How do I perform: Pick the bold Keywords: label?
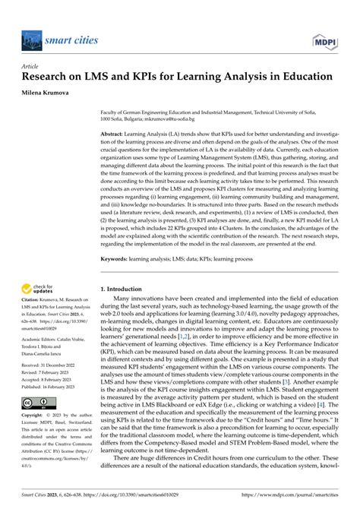click(118, 260)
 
